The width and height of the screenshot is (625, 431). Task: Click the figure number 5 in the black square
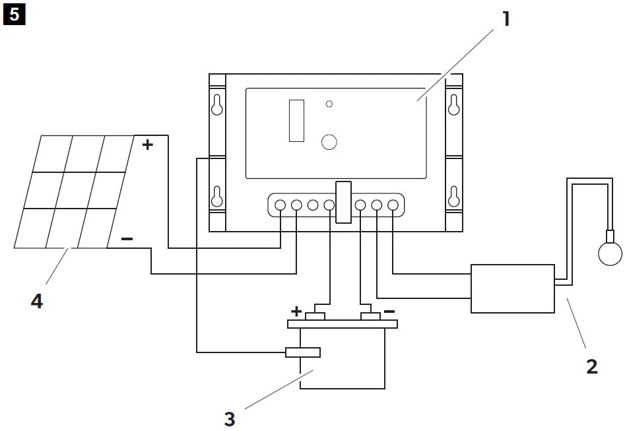[x=14, y=15]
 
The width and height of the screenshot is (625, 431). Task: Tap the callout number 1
[x=506, y=18]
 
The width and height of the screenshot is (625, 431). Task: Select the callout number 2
[x=591, y=366]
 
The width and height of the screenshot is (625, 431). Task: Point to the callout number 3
[x=229, y=418]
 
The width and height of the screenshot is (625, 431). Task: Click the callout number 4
[x=37, y=302]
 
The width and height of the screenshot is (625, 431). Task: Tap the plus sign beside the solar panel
[x=148, y=145]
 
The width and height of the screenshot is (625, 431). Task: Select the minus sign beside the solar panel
[x=127, y=239]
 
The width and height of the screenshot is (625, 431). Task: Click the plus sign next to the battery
[x=296, y=311]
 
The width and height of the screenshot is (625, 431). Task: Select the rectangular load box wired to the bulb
[x=512, y=288]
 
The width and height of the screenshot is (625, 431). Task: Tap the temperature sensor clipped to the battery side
[x=303, y=352]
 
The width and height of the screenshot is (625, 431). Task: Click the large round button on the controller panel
[x=329, y=141]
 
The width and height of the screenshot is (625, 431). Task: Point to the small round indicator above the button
[x=329, y=104]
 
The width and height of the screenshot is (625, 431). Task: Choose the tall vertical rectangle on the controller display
[x=296, y=121]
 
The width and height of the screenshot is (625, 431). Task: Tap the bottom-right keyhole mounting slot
[x=453, y=196]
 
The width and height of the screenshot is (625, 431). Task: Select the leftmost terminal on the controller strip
[x=280, y=205]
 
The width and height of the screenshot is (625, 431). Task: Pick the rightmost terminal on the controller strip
[x=393, y=205]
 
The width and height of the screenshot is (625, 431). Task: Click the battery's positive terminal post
[x=315, y=317]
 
